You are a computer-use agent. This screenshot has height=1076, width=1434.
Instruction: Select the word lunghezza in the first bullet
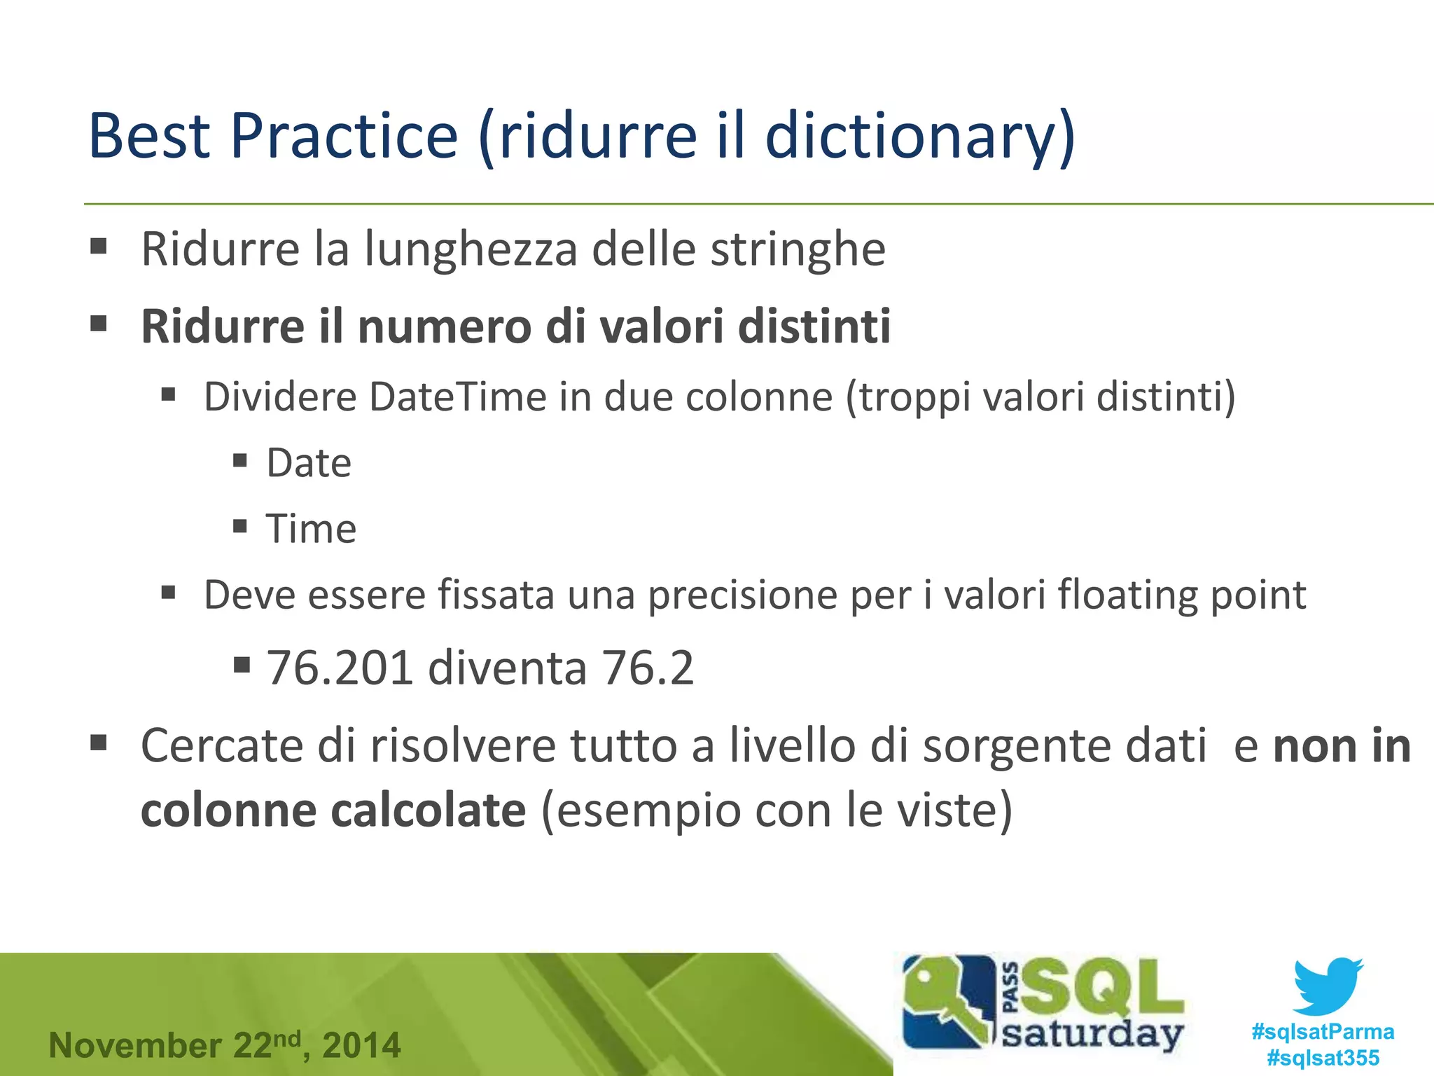tap(470, 250)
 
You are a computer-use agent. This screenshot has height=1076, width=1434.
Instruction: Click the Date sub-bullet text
tap(309, 463)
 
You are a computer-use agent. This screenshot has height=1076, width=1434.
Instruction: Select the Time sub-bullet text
tap(311, 528)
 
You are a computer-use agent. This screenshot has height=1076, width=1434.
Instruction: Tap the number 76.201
tap(339, 668)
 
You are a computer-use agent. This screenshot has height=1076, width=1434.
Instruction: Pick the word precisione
tap(742, 595)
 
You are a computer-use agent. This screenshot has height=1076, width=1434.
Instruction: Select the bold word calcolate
tap(428, 811)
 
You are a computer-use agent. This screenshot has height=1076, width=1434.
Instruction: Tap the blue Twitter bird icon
tap(1328, 986)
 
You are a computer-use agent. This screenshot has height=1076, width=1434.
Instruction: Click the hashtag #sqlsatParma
tap(1323, 1032)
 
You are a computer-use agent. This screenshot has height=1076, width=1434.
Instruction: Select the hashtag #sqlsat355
tap(1323, 1058)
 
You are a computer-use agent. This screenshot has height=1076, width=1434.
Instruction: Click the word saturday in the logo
tap(1092, 1034)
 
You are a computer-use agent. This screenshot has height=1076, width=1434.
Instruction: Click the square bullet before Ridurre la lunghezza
tap(99, 247)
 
